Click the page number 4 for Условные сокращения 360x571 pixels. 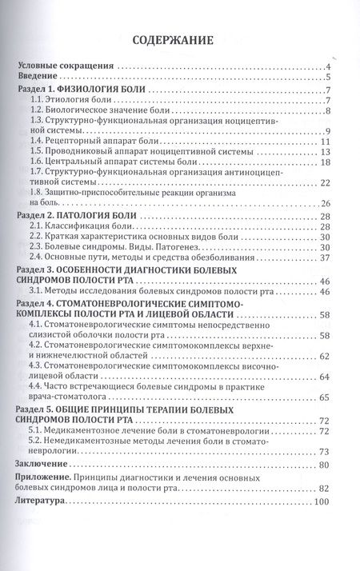(328, 67)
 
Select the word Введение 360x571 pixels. (43, 78)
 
